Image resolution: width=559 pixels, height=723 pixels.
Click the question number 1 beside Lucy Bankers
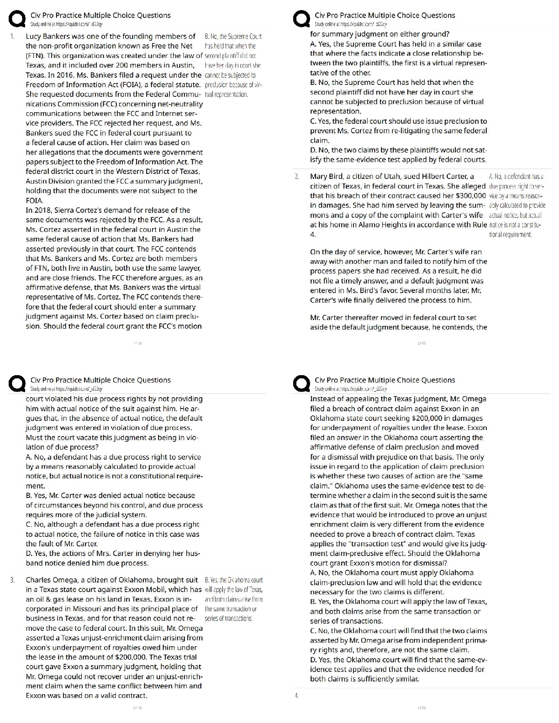point(12,36)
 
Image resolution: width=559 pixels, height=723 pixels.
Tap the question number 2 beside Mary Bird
point(296,177)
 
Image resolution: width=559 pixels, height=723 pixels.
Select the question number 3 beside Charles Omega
point(12,580)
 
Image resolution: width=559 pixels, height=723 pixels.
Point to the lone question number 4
point(296,696)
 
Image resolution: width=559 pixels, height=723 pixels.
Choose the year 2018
point(41,210)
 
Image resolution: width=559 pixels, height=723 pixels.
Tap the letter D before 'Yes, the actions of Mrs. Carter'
point(29,554)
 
